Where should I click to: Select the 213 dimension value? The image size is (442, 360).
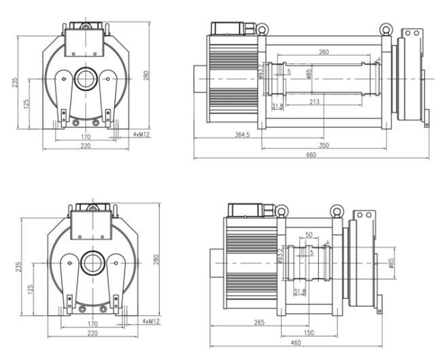click(314, 102)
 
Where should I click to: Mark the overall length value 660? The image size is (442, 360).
click(312, 155)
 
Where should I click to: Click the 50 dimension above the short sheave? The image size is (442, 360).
click(310, 234)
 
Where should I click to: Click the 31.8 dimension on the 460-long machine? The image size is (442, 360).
click(299, 292)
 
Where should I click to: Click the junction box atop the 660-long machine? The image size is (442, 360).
click(226, 29)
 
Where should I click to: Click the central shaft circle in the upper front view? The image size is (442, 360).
click(86, 77)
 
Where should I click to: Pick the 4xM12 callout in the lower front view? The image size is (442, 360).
click(151, 321)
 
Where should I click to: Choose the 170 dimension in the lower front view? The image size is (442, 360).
click(93, 325)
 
